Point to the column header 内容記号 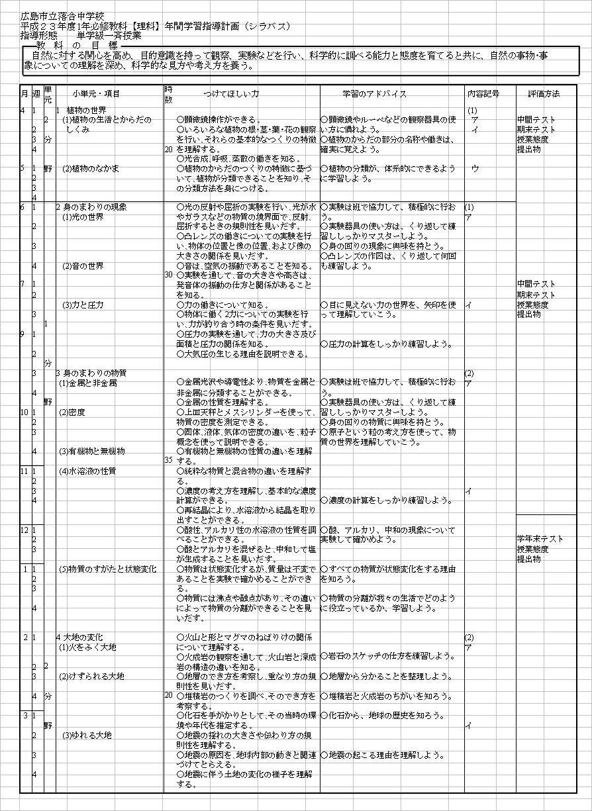pyautogui.click(x=483, y=94)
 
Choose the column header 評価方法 pyautogui.click(x=544, y=94)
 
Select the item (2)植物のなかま pyautogui.click(x=91, y=168)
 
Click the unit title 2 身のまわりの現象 pyautogui.click(x=91, y=207)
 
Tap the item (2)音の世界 pyautogui.click(x=83, y=266)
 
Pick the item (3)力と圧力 pyautogui.click(x=83, y=305)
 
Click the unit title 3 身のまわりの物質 pyautogui.click(x=91, y=373)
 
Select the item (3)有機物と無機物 pyautogui.click(x=92, y=452)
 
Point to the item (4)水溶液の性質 pyautogui.click(x=87, y=471)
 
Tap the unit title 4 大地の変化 pyautogui.click(x=82, y=637)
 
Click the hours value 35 pyautogui.click(x=168, y=459)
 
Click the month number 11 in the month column pyautogui.click(x=25, y=471)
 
